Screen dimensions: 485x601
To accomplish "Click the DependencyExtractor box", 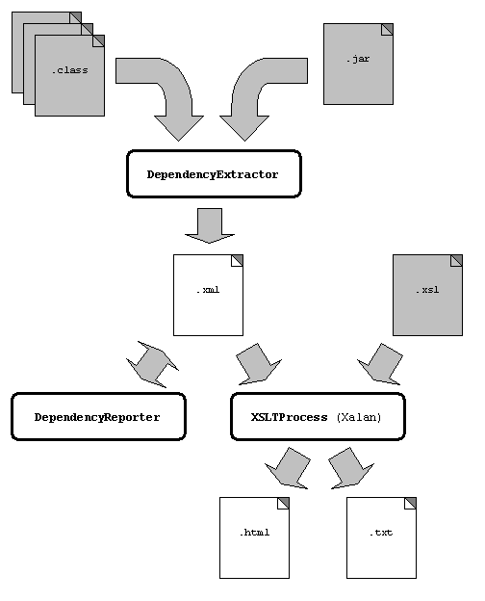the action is click(214, 174).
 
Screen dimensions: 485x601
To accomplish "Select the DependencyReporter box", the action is click(98, 417).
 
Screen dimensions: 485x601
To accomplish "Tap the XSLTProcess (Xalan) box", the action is click(318, 417).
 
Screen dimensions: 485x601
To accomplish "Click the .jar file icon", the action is click(358, 64).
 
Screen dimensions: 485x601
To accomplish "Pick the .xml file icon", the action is click(208, 295).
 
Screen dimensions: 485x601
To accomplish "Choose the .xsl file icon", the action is click(427, 295).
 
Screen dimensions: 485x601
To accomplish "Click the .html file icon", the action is click(254, 537).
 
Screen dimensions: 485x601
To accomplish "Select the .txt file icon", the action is click(382, 537).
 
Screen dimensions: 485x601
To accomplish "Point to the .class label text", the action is click(69, 70).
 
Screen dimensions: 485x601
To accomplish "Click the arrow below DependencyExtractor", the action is click(210, 225).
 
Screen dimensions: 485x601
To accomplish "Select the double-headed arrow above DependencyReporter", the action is click(152, 364).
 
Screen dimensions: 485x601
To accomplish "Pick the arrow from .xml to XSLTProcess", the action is click(258, 363).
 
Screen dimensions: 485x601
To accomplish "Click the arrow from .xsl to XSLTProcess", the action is click(381, 363).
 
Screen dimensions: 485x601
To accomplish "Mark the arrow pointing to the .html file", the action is click(288, 468).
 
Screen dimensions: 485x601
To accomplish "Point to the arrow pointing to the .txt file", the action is click(350, 468).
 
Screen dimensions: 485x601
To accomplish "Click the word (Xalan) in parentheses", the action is click(359, 417).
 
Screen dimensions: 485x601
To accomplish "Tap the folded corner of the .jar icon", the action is click(387, 29).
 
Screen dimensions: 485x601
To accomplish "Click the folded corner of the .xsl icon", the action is click(457, 261).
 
